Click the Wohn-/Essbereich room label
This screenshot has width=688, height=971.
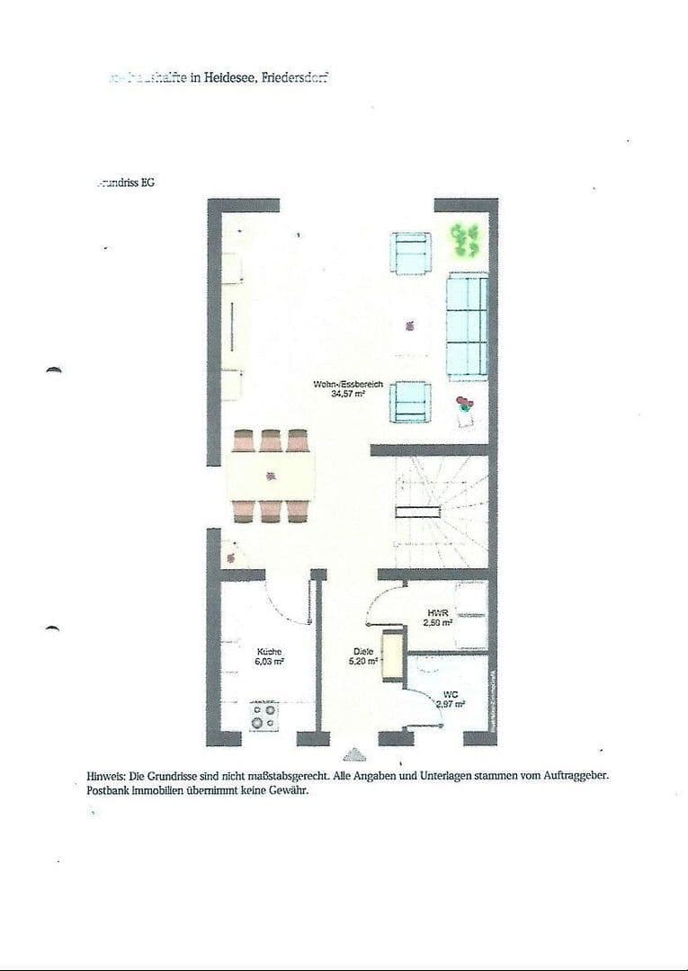(x=348, y=384)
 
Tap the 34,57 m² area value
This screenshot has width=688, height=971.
(x=348, y=394)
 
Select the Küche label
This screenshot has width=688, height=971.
(x=270, y=651)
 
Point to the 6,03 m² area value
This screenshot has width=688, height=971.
(x=270, y=661)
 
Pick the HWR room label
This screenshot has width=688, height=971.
(x=437, y=611)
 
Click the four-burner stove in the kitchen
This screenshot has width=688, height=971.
(x=264, y=717)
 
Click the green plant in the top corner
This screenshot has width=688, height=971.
(x=464, y=236)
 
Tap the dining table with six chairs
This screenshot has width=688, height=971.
(x=271, y=477)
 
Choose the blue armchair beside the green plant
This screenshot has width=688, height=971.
(x=411, y=253)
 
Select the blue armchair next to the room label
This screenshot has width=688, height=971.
(x=410, y=401)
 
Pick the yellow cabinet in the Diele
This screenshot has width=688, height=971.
(x=391, y=656)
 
